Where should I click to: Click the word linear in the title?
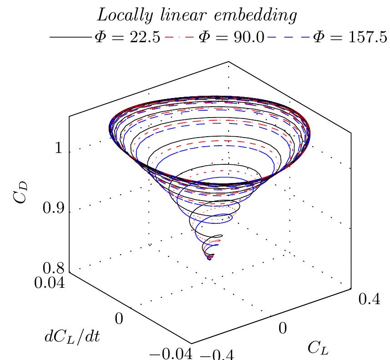tap(177, 15)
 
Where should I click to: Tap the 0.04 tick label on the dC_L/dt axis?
tap(49, 284)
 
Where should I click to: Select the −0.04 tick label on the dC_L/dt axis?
tap(173, 355)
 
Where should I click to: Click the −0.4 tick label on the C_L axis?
tap(214, 355)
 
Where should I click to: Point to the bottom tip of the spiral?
tap(210, 259)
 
